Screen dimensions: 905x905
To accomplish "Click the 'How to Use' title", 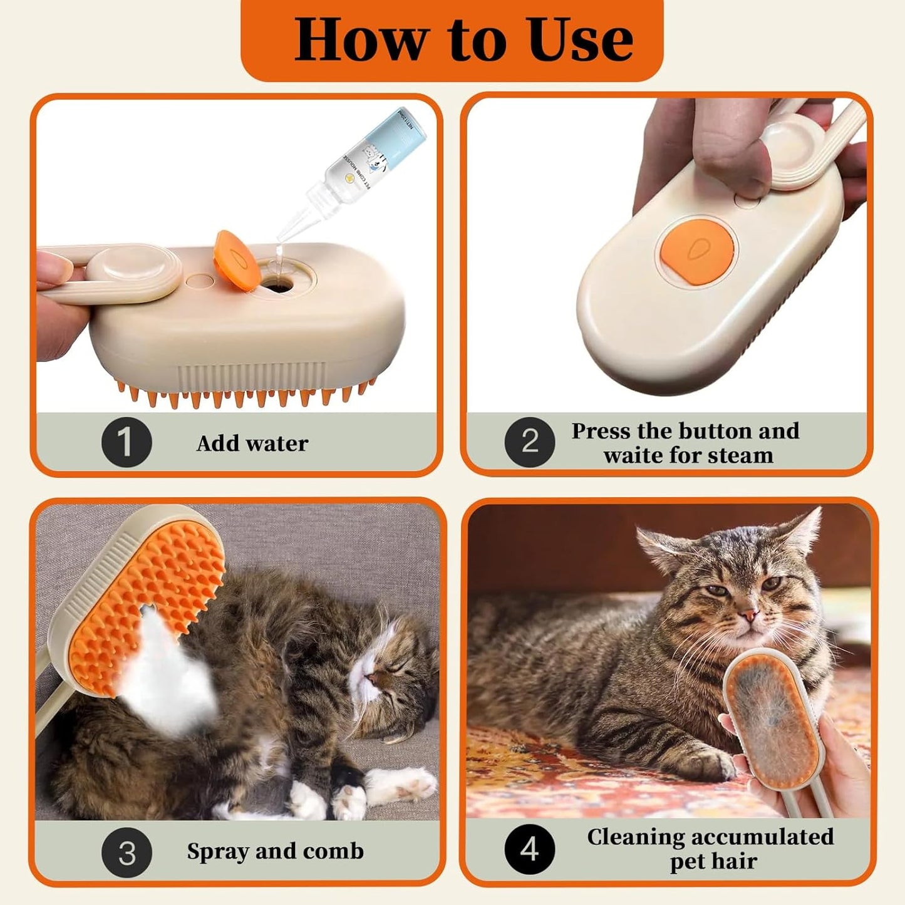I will (x=463, y=39).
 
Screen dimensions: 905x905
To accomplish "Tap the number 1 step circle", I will (x=127, y=442).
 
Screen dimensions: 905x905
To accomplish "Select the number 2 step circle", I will (x=529, y=442).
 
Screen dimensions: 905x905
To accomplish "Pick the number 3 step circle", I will (x=127, y=852).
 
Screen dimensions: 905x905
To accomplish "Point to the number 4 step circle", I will (x=529, y=849).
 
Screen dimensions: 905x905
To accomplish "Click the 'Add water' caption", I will (x=252, y=443).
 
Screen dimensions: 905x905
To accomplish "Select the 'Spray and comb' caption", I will (x=275, y=851).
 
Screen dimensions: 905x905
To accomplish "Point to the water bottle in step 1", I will (x=363, y=169).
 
